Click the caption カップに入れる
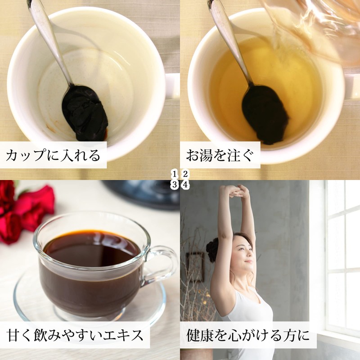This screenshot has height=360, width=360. pyautogui.click(x=53, y=155)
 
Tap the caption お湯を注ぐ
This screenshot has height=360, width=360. pyautogui.click(x=220, y=155)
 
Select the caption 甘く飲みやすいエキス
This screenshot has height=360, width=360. pyautogui.click(x=75, y=335)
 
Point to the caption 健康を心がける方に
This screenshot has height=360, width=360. pyautogui.click(x=248, y=335)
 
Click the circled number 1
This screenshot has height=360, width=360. pyautogui.click(x=175, y=174)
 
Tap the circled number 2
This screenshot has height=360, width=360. pyautogui.click(x=185, y=174)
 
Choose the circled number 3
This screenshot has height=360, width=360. pyautogui.click(x=175, y=184)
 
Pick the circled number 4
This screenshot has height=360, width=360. pyautogui.click(x=185, y=184)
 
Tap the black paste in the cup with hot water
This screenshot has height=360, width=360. pyautogui.click(x=265, y=115)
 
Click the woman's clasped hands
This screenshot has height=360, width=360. pyautogui.click(x=235, y=191)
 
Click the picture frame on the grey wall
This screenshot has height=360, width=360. pyautogui.click(x=195, y=267)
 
